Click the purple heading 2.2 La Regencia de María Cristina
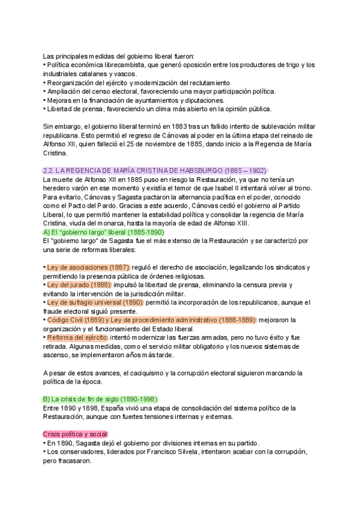[x=155, y=170]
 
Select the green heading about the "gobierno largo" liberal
[x=104, y=232]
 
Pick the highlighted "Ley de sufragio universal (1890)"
[x=93, y=302]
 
